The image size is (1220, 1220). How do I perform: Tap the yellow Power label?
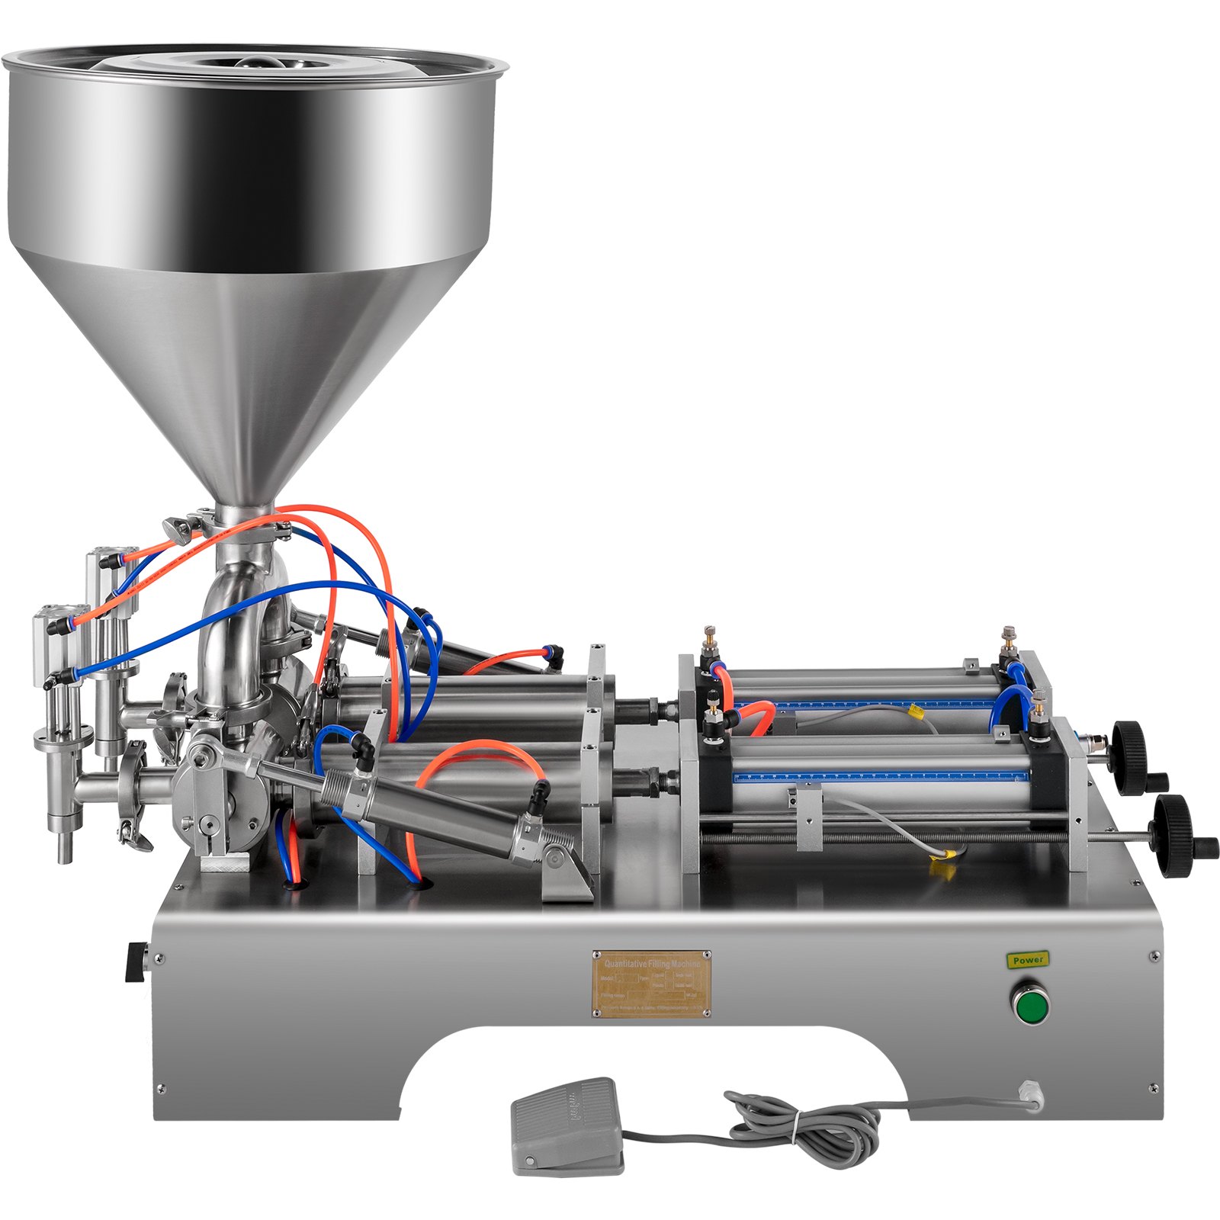click(x=1028, y=960)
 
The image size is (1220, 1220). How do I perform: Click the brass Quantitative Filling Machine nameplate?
click(x=652, y=984)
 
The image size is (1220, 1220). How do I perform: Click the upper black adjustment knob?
click(x=1130, y=747)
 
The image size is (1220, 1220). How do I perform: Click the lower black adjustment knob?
click(x=1174, y=825)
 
